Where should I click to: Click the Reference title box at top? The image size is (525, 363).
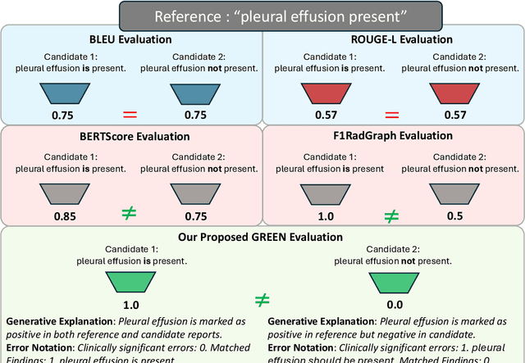click(262, 13)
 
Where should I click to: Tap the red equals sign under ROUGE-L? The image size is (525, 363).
click(393, 111)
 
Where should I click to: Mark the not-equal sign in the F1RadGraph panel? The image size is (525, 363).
click(393, 216)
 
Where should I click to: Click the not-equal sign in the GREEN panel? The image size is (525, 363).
click(262, 301)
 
